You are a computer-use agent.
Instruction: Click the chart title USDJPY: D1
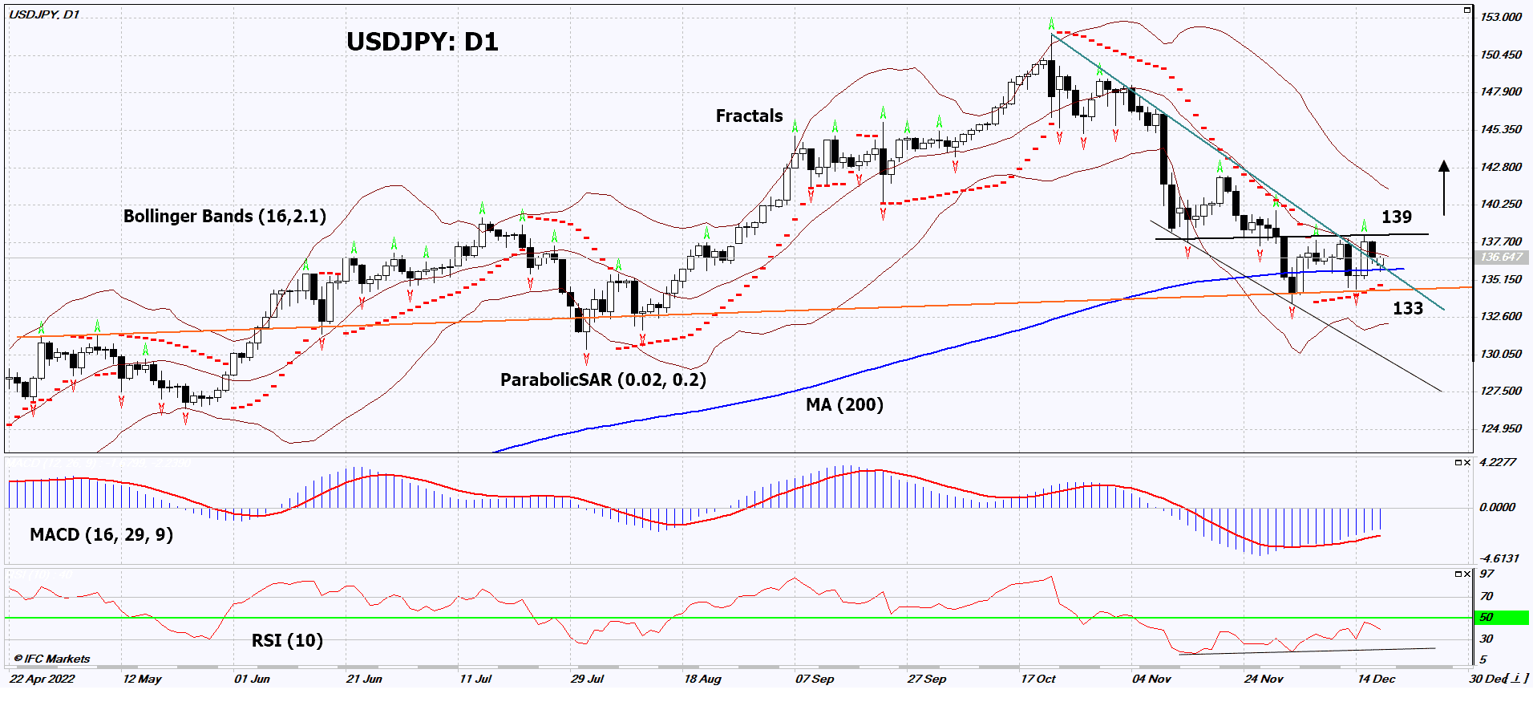click(422, 42)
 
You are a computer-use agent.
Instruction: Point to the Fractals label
click(749, 116)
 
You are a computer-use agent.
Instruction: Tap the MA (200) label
click(844, 405)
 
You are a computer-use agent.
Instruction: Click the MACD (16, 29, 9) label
click(101, 535)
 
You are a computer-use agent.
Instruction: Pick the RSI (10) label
click(287, 641)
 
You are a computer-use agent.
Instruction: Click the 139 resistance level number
click(1396, 217)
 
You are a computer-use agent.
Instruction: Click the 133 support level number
click(1407, 309)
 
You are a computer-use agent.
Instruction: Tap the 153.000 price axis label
click(1500, 17)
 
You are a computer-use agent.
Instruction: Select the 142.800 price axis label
click(1500, 167)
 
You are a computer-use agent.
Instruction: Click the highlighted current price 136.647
click(1500, 258)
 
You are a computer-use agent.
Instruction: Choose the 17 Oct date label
click(1038, 680)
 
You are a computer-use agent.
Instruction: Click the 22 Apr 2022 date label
click(42, 680)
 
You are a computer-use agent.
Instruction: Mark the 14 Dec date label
click(1376, 680)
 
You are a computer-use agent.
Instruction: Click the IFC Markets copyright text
click(53, 659)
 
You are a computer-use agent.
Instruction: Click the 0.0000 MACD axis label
click(1497, 507)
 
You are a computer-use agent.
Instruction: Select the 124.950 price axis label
click(1500, 428)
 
